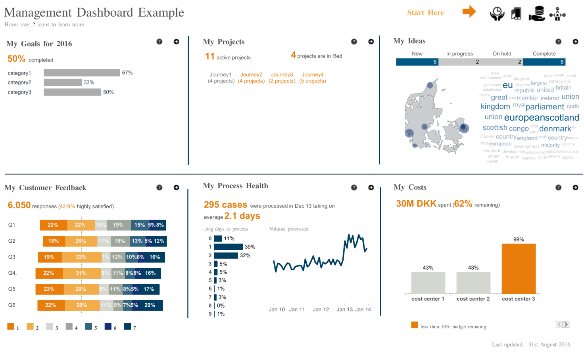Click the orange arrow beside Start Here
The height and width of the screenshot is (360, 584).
click(x=469, y=11)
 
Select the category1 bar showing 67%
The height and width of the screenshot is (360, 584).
click(x=82, y=73)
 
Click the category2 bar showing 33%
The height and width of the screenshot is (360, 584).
click(x=63, y=82)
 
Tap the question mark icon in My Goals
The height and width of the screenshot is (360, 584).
click(x=159, y=42)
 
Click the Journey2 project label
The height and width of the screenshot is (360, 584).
click(x=251, y=75)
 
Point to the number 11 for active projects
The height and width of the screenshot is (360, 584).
click(x=209, y=56)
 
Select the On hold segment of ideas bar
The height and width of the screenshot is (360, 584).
click(x=502, y=62)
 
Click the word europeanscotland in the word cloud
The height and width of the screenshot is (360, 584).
click(x=541, y=118)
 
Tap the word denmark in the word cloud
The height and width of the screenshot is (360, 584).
click(x=555, y=128)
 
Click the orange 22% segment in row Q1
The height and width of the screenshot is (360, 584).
click(x=53, y=225)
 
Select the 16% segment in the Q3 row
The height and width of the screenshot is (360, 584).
click(x=155, y=257)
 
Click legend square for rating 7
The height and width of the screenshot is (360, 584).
click(x=127, y=326)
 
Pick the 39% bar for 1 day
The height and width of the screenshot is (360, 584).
click(x=228, y=247)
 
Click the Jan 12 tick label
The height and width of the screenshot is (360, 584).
click(x=321, y=310)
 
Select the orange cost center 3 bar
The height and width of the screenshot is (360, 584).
click(x=519, y=268)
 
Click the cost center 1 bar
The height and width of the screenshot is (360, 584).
click(x=428, y=283)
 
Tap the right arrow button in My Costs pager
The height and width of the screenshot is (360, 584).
click(x=566, y=324)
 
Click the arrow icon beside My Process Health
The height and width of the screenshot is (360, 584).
click(x=371, y=188)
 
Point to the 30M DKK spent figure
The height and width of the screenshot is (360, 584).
click(x=416, y=204)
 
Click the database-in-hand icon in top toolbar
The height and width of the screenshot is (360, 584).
click(x=537, y=13)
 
